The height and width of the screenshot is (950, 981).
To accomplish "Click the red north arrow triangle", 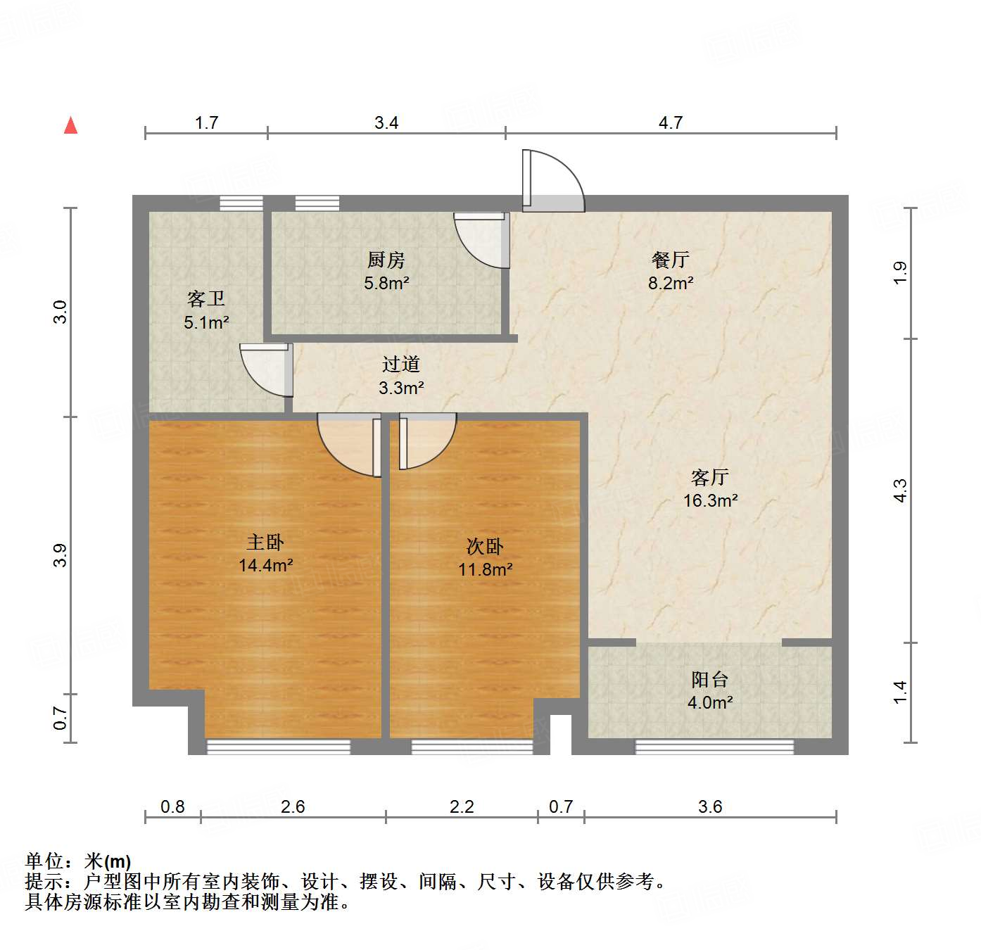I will (70, 125).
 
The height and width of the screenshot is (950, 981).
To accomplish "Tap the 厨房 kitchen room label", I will (386, 260).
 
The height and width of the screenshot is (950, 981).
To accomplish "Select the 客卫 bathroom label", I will (206, 299).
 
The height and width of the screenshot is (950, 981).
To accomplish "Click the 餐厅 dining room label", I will (670, 260).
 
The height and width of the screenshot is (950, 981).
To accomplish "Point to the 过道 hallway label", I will (401, 365).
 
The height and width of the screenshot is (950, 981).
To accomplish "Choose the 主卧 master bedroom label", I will (265, 542).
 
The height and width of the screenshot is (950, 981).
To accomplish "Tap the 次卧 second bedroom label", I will (485, 546).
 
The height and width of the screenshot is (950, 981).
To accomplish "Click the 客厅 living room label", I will (710, 478).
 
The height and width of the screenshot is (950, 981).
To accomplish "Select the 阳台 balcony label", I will (709, 679).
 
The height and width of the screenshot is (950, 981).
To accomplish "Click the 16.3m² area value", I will (710, 501).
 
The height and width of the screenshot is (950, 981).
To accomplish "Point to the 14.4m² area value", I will (265, 565).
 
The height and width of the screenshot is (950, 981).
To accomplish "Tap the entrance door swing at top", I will (552, 182).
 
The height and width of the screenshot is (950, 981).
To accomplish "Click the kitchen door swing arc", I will (481, 241).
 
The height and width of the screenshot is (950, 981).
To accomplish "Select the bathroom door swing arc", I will (266, 370).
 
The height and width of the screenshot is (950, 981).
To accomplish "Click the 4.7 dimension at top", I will (670, 123).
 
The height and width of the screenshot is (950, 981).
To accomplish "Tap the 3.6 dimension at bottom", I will (709, 806).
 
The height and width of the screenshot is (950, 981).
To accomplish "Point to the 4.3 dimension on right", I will (900, 490).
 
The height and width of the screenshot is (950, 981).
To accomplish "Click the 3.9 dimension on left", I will (61, 555).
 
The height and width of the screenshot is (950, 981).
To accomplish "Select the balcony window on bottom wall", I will (714, 747).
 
